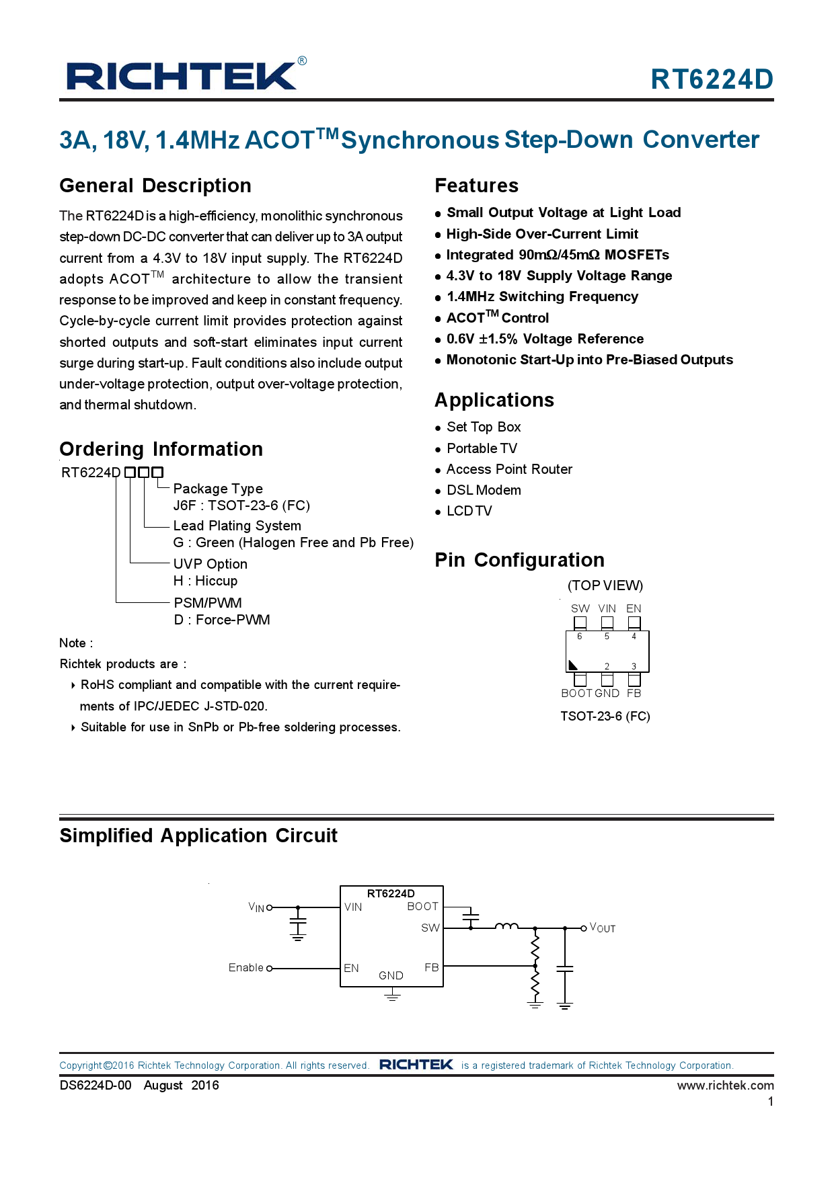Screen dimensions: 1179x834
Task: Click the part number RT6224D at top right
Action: [x=712, y=79]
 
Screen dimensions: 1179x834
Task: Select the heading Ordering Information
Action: [x=161, y=449]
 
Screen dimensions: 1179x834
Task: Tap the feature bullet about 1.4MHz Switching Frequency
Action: [x=542, y=296]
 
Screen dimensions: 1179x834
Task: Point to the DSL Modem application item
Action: [x=484, y=490]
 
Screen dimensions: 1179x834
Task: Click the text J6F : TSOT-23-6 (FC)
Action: [x=241, y=505]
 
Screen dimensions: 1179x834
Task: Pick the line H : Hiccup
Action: [x=205, y=581]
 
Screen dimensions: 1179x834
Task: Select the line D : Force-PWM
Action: [x=222, y=620]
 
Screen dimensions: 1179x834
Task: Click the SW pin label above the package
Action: [x=580, y=608]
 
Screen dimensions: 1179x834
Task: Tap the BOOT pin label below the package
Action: [x=576, y=693]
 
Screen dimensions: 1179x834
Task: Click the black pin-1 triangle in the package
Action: [x=573, y=665]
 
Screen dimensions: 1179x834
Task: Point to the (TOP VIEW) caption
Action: [x=605, y=585]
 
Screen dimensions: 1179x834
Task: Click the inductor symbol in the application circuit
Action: [x=506, y=926]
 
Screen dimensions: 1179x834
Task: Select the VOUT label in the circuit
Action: [x=603, y=928]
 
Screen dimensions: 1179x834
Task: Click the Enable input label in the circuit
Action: [x=245, y=967]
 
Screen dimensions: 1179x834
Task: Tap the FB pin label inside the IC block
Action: [x=431, y=967]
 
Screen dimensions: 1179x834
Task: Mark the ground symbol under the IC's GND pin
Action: [x=392, y=996]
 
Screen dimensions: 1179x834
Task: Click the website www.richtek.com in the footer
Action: [x=725, y=1085]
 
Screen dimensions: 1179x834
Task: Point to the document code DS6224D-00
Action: [x=96, y=1085]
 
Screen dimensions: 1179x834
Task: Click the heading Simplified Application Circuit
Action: [x=198, y=836]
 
